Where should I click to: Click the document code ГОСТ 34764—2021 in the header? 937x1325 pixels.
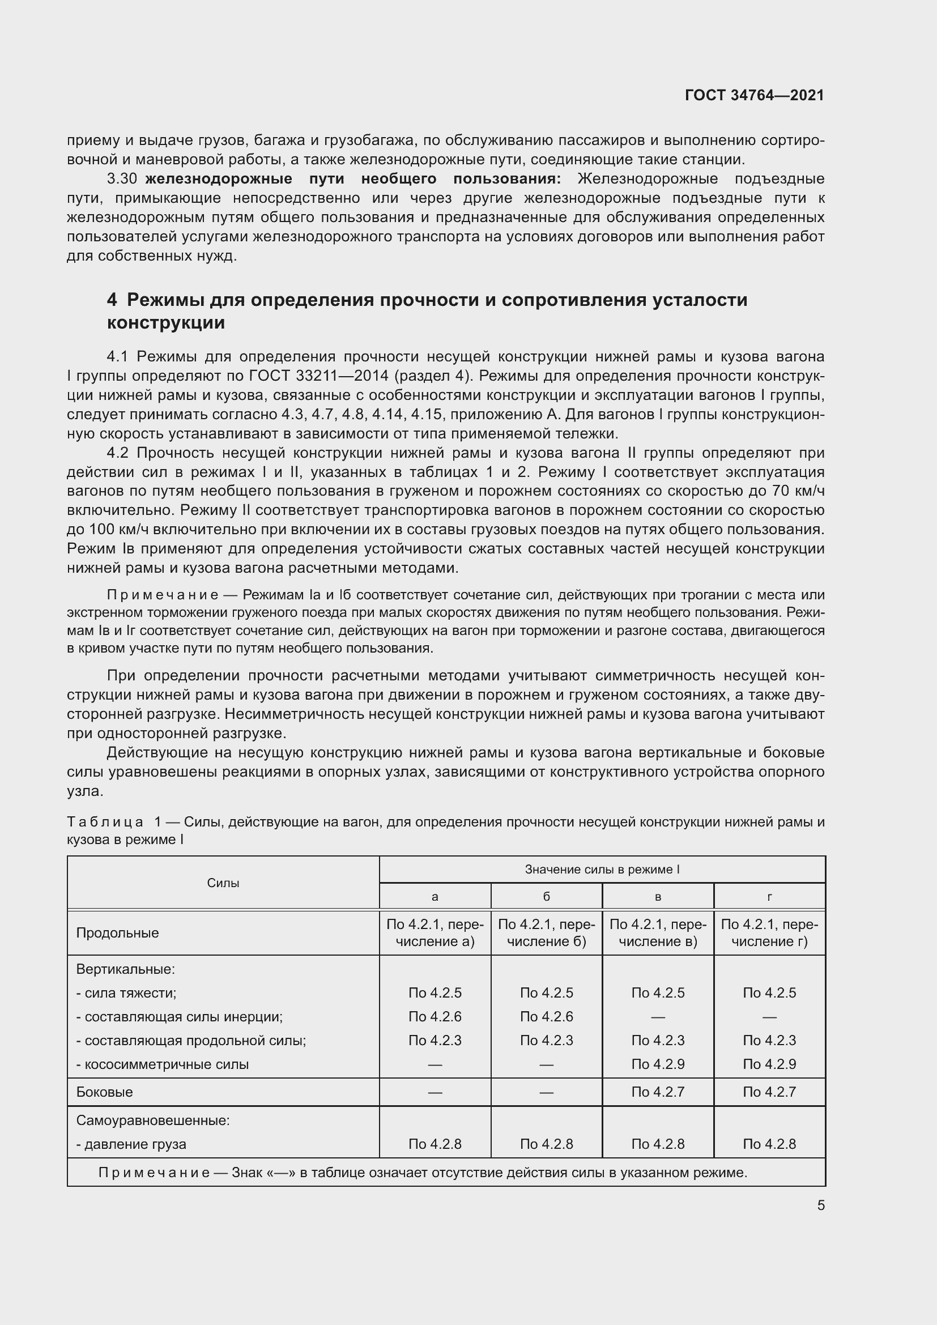click(x=754, y=95)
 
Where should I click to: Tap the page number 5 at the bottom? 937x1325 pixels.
click(x=820, y=1205)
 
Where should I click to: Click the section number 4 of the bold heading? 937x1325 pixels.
click(x=112, y=300)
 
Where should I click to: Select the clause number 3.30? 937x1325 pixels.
click(x=121, y=179)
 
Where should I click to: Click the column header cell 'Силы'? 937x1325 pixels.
click(x=223, y=883)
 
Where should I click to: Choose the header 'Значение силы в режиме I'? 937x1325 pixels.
click(x=602, y=869)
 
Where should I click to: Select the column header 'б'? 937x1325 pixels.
click(x=546, y=897)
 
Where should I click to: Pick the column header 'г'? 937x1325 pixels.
click(x=769, y=897)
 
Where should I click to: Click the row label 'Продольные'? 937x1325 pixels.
click(x=117, y=933)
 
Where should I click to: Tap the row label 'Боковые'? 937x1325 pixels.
click(x=104, y=1092)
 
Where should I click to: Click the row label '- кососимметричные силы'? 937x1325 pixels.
click(x=162, y=1064)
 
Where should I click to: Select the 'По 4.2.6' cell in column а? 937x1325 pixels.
click(x=435, y=1016)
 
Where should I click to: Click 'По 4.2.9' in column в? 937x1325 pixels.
click(x=658, y=1064)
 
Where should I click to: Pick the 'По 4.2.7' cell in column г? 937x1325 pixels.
click(x=769, y=1092)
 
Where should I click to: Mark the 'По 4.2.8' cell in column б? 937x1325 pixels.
click(x=546, y=1144)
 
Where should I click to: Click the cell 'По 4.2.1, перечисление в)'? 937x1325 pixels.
click(x=658, y=933)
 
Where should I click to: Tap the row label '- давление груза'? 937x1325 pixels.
click(x=131, y=1144)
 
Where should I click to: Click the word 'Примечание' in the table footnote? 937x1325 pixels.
click(x=154, y=1173)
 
